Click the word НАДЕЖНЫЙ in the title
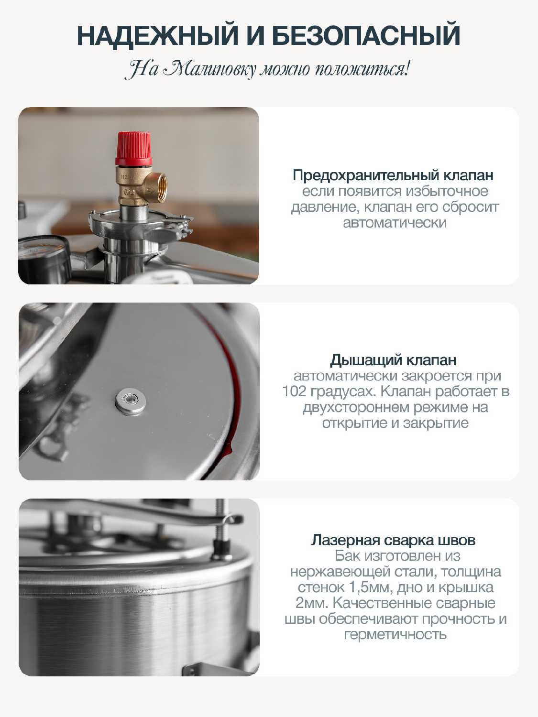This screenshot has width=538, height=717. click(x=158, y=35)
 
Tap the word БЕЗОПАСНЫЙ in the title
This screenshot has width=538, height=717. click(x=366, y=35)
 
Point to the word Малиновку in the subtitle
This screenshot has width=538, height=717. click(x=209, y=69)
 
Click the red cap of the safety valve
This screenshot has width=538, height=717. click(x=133, y=149)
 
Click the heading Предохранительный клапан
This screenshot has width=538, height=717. click(x=393, y=176)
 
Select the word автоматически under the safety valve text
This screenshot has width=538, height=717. click(x=395, y=223)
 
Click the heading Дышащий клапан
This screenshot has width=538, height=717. click(x=393, y=360)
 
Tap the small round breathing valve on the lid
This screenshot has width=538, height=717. click(x=131, y=402)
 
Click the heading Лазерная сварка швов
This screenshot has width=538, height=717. click(x=393, y=540)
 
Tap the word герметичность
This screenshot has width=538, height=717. click(x=395, y=635)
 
